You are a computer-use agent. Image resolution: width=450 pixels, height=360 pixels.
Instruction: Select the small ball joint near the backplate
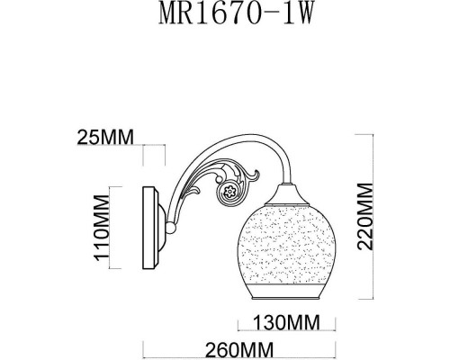[168, 236]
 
